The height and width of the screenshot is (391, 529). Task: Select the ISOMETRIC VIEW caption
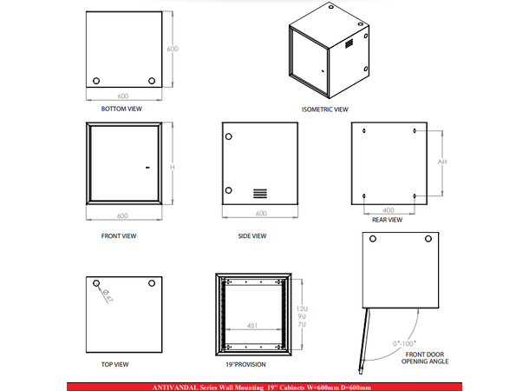pyautogui.click(x=324, y=109)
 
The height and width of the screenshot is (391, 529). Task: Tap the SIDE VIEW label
pyautogui.click(x=251, y=235)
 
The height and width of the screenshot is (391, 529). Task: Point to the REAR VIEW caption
pyautogui.click(x=387, y=220)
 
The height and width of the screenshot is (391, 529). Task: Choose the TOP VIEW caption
pyautogui.click(x=115, y=364)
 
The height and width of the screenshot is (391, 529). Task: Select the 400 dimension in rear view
pyautogui.click(x=389, y=209)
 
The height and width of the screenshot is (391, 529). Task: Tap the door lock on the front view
pyautogui.click(x=147, y=168)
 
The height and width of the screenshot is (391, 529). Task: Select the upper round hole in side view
pyautogui.click(x=229, y=137)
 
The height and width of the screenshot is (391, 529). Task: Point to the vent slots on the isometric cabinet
pyautogui.click(x=349, y=43)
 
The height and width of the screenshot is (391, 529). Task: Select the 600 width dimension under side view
pyautogui.click(x=260, y=213)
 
